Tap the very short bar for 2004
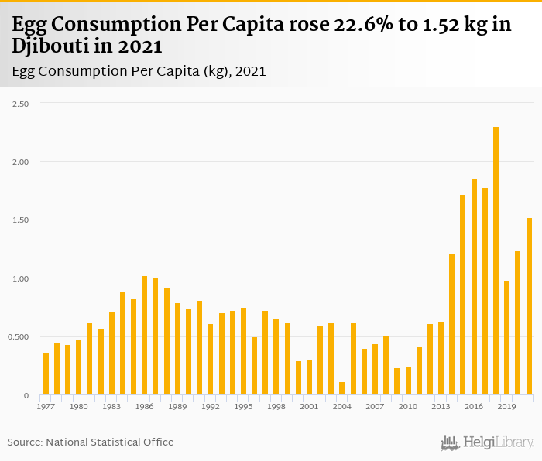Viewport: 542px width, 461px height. coord(341,388)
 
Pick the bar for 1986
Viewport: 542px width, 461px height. coord(145,336)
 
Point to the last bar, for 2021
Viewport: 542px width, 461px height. coord(529,306)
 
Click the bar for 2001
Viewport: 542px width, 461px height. coord(309,377)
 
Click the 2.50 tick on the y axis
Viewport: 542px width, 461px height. coord(19,103)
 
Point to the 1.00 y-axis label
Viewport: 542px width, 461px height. coord(19,278)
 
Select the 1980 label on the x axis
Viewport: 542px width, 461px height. coord(78,406)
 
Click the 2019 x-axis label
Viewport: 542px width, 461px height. coord(506,406)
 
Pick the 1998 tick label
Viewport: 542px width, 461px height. coord(276,406)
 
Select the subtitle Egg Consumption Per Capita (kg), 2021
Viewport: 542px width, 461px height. coord(139,71)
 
